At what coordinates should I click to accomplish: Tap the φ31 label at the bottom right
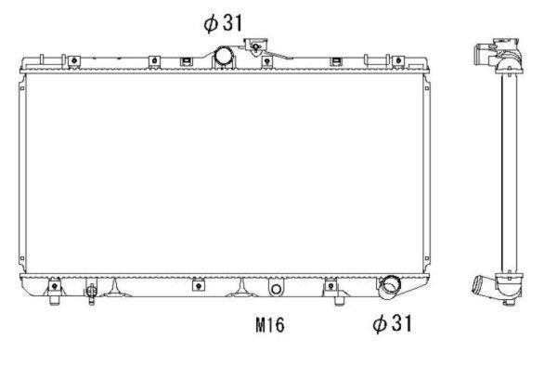click(x=391, y=323)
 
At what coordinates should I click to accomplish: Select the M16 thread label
click(x=269, y=325)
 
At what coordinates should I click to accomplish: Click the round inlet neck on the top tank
click(x=224, y=56)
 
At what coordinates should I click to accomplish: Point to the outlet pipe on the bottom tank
click(x=388, y=287)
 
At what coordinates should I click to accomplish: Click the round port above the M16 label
click(x=275, y=289)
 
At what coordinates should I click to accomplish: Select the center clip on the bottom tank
click(x=198, y=285)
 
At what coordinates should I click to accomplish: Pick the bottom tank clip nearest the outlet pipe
click(x=331, y=286)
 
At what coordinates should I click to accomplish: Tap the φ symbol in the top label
click(x=209, y=23)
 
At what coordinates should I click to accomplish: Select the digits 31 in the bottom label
click(x=400, y=323)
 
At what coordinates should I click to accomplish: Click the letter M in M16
click(x=259, y=325)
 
